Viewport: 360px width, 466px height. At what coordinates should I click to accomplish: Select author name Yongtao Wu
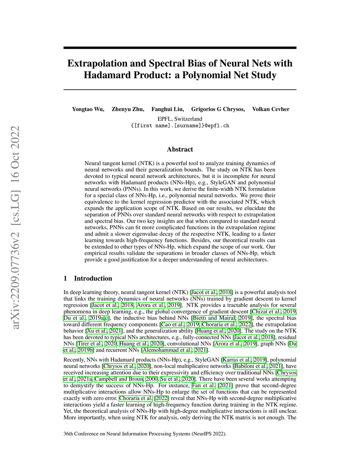point(88,109)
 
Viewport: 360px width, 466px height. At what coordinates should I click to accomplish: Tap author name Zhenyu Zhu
point(128,109)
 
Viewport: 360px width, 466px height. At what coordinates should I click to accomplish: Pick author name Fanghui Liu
point(167,109)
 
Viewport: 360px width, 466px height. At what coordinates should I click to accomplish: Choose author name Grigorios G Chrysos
point(218,109)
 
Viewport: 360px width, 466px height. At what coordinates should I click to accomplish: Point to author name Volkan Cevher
point(271,109)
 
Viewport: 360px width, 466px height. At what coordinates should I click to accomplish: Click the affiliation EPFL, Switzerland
point(180,119)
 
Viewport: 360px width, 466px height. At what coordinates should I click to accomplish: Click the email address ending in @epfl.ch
point(180,126)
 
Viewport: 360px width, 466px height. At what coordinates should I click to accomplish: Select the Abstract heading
point(180,149)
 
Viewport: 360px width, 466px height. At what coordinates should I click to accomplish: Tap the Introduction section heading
point(93,279)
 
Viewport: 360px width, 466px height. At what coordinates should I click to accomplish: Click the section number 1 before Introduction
point(65,279)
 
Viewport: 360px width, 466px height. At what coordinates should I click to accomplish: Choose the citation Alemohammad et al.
point(167,350)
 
